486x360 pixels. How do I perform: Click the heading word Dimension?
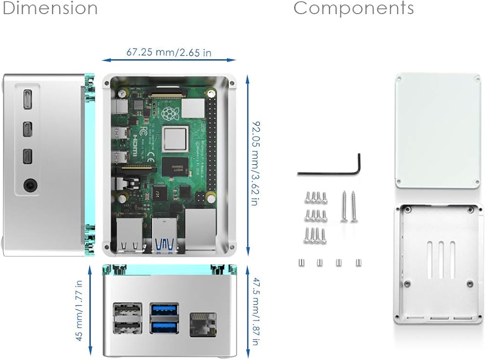point(50,8)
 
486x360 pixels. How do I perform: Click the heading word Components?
point(353,8)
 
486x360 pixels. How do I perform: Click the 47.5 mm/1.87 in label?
point(255,311)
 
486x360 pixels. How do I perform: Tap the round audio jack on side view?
point(30,185)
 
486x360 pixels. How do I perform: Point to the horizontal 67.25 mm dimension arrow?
point(169,61)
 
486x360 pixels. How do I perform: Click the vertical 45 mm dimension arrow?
point(91,310)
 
